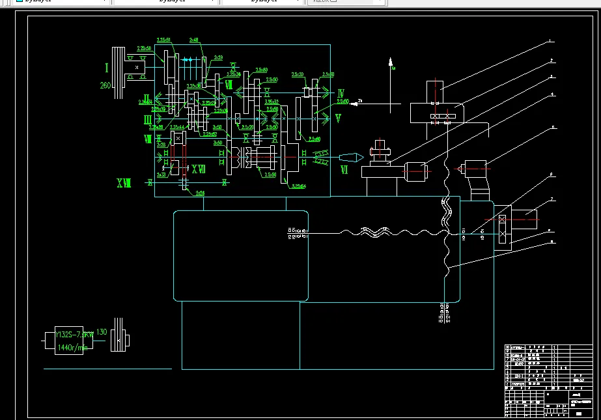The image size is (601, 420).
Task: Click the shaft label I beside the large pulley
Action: [x=106, y=66]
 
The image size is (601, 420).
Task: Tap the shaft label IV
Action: [x=341, y=94]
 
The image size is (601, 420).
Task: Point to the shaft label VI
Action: [x=344, y=170]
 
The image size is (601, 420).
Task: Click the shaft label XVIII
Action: [x=124, y=184]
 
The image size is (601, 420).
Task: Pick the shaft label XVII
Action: [x=199, y=170]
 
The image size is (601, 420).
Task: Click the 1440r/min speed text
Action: [x=72, y=347]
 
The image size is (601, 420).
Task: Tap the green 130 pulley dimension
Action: [x=101, y=332]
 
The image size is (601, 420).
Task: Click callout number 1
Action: [x=551, y=41]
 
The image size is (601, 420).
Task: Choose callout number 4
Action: [x=552, y=94]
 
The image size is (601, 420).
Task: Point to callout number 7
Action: [x=552, y=199]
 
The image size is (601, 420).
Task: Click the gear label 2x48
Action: [x=193, y=40]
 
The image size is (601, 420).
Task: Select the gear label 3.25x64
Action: [x=299, y=187]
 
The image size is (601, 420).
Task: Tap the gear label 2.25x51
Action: [x=164, y=40]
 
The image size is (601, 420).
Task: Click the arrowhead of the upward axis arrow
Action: [x=391, y=62]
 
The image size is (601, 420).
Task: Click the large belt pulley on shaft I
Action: [x=118, y=72]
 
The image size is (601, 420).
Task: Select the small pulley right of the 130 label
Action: [x=117, y=338]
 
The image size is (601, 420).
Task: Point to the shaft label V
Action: [x=338, y=118]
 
